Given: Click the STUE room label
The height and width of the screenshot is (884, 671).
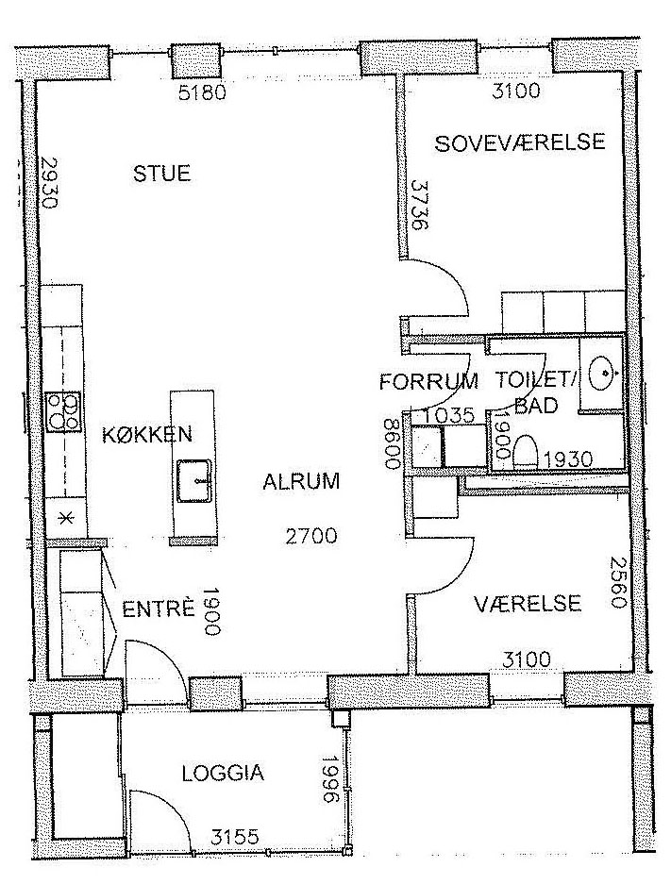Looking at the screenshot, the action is click(x=161, y=173).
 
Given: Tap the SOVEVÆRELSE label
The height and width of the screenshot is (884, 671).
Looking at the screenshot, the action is click(x=519, y=142).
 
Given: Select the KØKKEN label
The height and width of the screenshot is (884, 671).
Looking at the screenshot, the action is click(x=147, y=434).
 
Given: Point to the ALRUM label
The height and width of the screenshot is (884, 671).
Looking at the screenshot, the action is click(x=301, y=481).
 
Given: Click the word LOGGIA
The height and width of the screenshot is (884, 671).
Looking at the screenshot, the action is click(x=224, y=773).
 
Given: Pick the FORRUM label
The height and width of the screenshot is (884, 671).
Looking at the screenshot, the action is click(x=428, y=382).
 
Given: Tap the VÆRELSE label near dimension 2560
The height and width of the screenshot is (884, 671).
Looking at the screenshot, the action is click(x=528, y=604).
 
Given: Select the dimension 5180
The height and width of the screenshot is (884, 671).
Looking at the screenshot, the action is click(x=202, y=92).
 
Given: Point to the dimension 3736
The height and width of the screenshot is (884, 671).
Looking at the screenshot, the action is click(x=420, y=204).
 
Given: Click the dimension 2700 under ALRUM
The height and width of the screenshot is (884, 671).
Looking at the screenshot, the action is click(x=311, y=535).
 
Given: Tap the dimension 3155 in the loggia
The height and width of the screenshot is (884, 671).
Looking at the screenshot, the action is click(x=235, y=836).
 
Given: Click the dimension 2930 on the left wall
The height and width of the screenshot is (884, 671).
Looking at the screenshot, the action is click(x=49, y=182).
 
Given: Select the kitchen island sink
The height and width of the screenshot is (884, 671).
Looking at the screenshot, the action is click(x=194, y=481).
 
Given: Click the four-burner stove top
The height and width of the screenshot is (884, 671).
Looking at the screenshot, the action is click(x=64, y=412).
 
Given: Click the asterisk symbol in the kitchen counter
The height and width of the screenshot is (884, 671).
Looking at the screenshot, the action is click(x=67, y=518).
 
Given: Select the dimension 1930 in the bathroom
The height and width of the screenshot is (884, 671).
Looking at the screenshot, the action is click(x=568, y=459).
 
